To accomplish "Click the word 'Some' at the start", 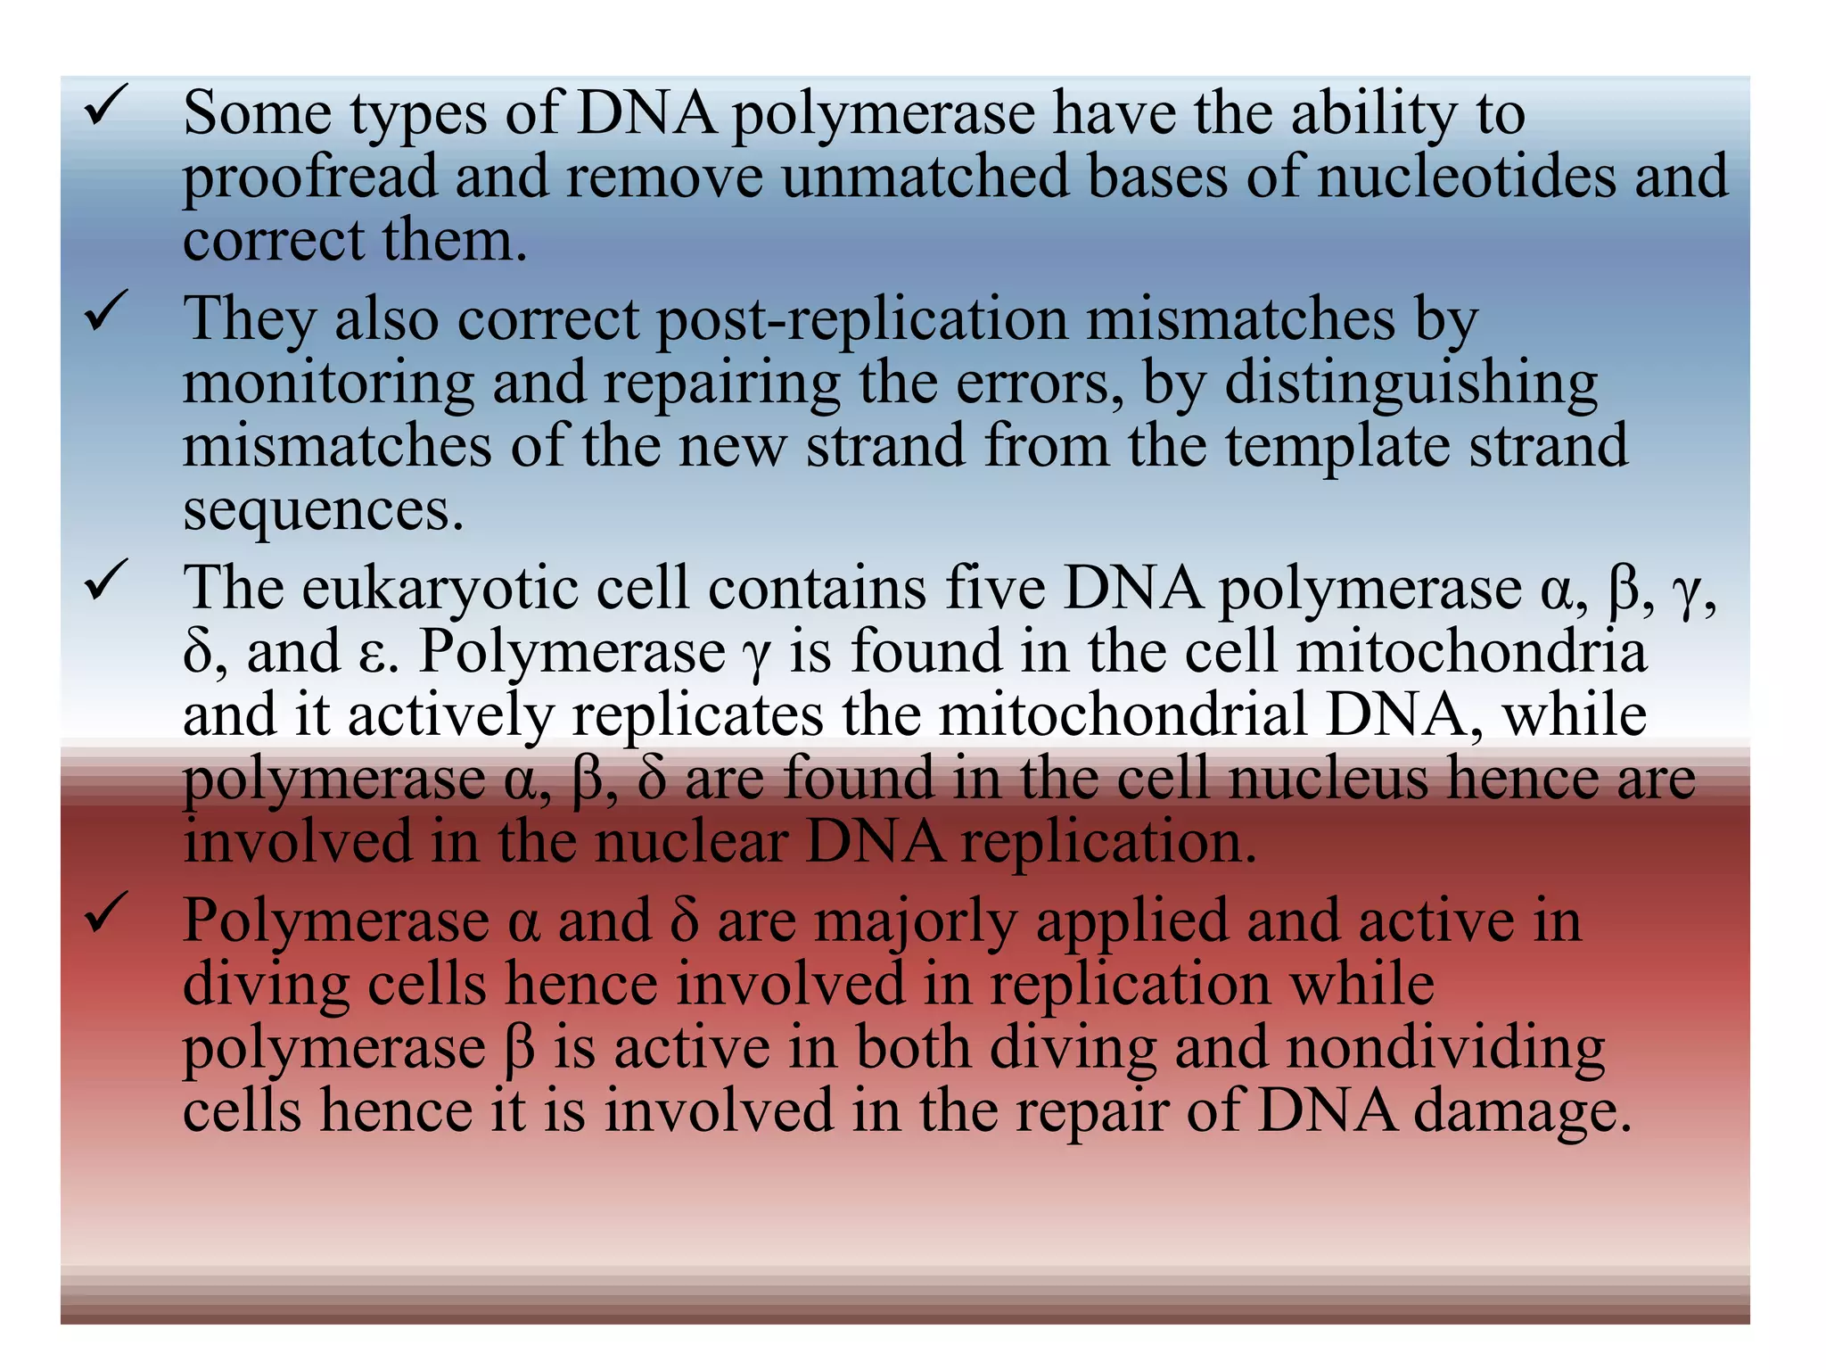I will (257, 113).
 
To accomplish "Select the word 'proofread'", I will (309, 177).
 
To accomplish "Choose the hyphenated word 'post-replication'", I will (862, 319).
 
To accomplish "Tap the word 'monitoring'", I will (328, 384).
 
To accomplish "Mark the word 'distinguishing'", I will (1411, 384).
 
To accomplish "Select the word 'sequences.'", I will (324, 510).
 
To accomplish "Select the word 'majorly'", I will (915, 921).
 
